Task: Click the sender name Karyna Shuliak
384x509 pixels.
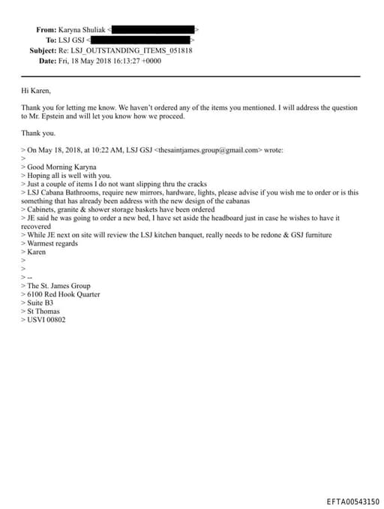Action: click(x=84, y=29)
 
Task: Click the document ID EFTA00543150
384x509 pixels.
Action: click(x=352, y=501)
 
